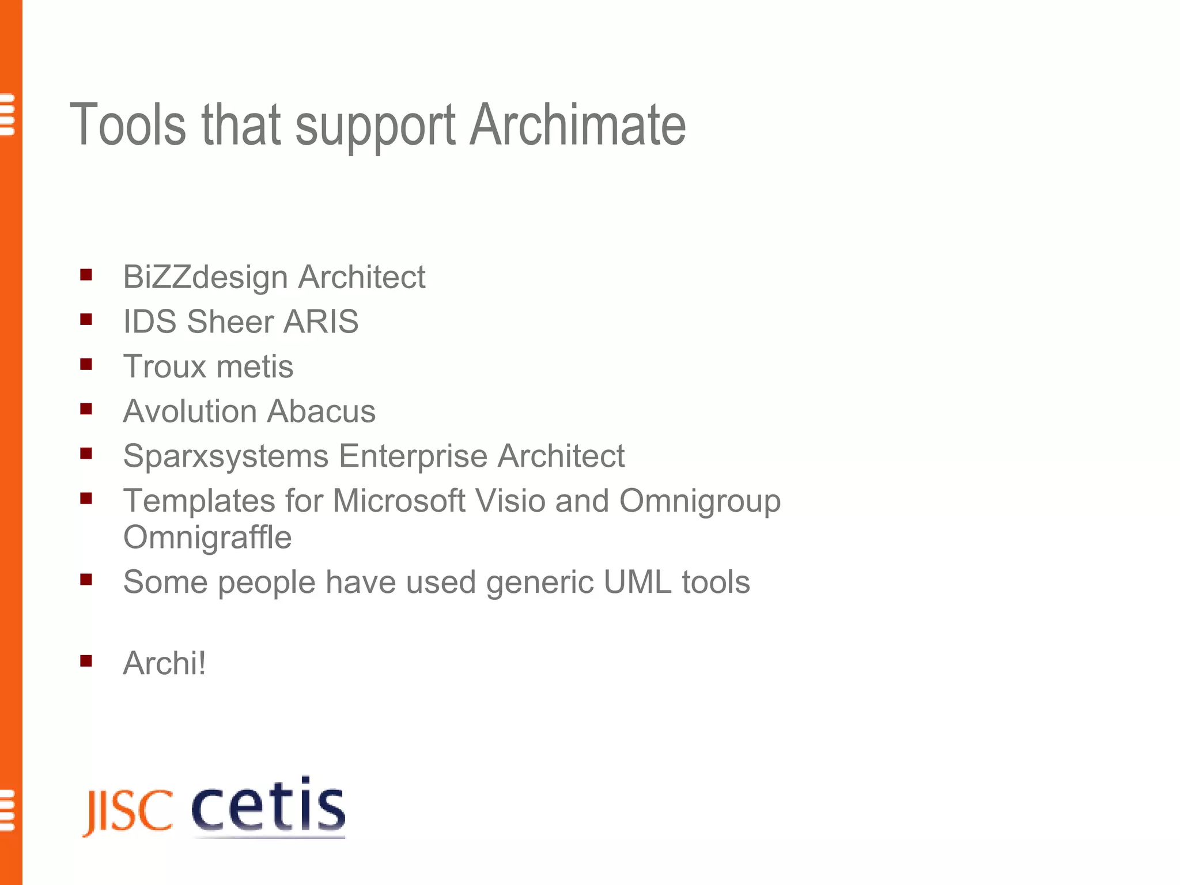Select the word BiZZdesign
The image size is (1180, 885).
(205, 278)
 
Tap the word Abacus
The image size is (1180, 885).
(321, 411)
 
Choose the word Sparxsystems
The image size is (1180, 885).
(226, 457)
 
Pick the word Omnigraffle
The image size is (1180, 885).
(207, 538)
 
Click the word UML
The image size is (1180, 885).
(637, 582)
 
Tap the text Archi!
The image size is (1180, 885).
(164, 663)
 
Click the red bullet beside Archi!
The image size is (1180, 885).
(86, 661)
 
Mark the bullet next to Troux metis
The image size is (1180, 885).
(86, 364)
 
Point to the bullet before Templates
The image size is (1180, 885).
(86, 498)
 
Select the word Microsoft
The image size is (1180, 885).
(399, 501)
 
